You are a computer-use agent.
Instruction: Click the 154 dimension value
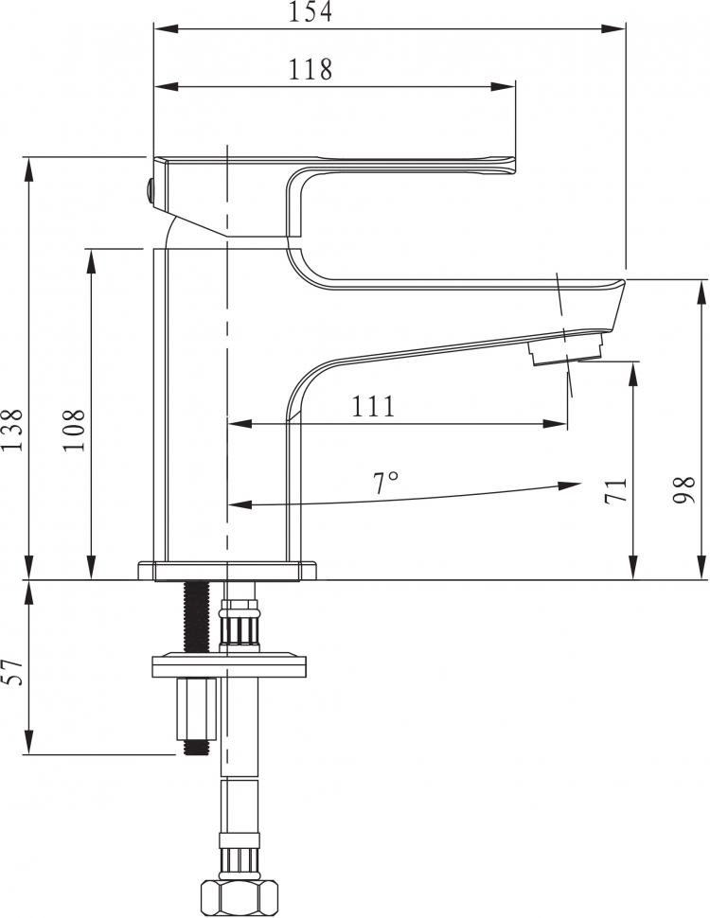310,11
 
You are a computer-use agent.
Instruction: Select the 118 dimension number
310,70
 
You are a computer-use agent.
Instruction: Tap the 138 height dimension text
12,431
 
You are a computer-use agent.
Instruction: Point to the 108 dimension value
74,431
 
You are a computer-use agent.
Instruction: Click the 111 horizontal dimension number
373,406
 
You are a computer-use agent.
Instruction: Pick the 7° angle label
385,483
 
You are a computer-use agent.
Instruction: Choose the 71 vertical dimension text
615,490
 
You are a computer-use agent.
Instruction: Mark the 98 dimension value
683,490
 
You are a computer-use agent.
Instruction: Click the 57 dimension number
12,672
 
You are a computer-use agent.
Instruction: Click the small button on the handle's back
150,191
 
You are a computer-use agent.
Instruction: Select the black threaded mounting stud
196,616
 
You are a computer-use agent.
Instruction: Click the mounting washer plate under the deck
229,664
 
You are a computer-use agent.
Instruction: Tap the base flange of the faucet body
227,571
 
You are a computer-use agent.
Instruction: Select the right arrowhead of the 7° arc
569,485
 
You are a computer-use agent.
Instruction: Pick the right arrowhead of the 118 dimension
504,87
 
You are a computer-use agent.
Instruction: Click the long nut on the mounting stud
196,709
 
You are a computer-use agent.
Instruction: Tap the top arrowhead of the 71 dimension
632,374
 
